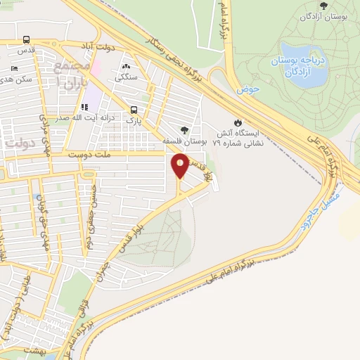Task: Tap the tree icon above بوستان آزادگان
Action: pyautogui.click(x=323, y=6)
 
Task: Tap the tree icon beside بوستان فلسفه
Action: pyautogui.click(x=185, y=129)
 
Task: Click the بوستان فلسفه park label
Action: pyautogui.click(x=185, y=141)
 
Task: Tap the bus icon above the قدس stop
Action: pyautogui.click(x=27, y=40)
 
